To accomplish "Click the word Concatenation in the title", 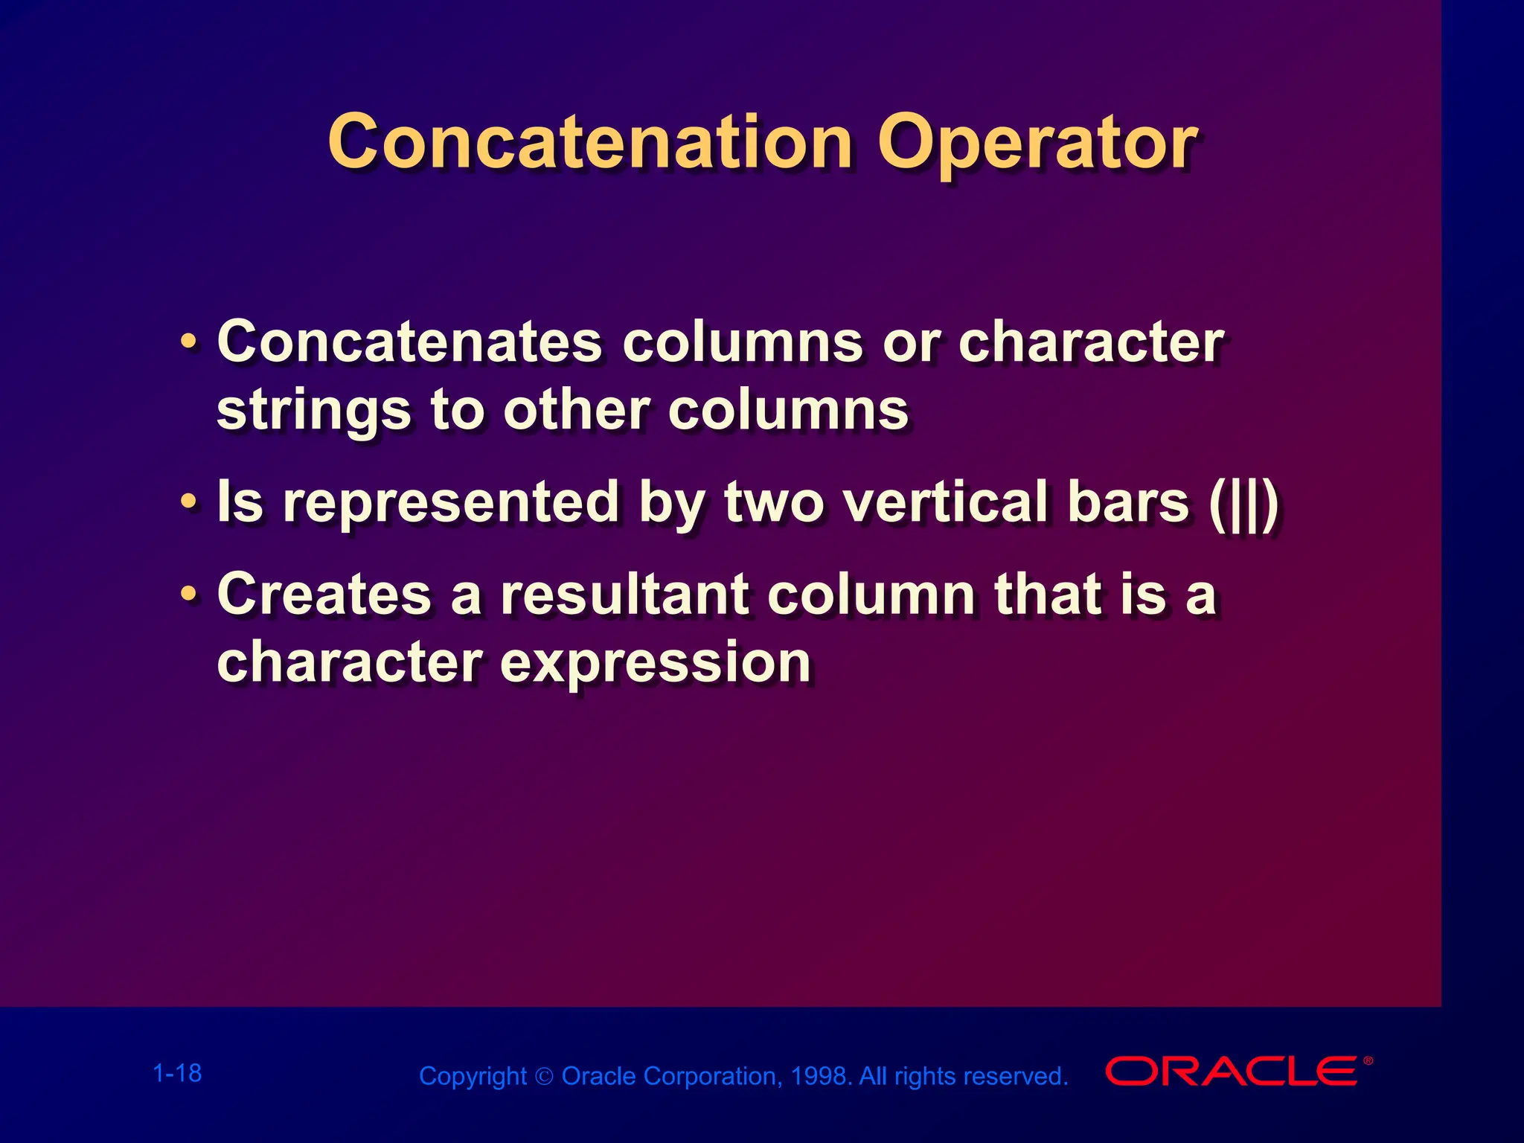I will (589, 143).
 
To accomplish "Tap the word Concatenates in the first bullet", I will (409, 342).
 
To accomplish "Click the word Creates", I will (324, 595).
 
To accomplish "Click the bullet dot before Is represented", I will (189, 502).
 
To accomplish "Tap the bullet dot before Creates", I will (189, 594).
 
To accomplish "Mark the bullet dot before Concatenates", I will (189, 342).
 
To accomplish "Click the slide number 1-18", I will (177, 1073).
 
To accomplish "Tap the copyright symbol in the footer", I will (545, 1077).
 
